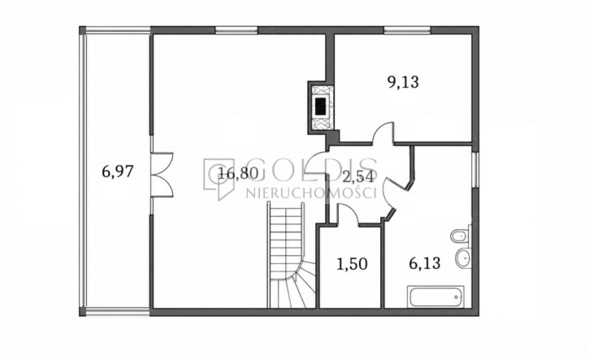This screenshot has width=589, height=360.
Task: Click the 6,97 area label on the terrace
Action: pyautogui.click(x=118, y=172)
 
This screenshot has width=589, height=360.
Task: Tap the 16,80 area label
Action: pyautogui.click(x=239, y=173)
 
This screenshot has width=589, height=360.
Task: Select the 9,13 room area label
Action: pyautogui.click(x=403, y=82)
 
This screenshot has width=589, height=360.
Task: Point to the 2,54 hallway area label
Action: pyautogui.click(x=359, y=177)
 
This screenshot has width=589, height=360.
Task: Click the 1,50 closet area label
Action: pyautogui.click(x=352, y=264)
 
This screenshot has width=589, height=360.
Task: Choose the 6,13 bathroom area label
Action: pyautogui.click(x=424, y=263)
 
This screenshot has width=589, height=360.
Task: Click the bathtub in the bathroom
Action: pyautogui.click(x=436, y=297)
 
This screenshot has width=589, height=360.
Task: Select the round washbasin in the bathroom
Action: pyautogui.click(x=463, y=258)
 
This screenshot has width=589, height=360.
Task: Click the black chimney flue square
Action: pyautogui.click(x=321, y=106)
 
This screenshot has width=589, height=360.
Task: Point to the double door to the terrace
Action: pyautogui.click(x=162, y=175)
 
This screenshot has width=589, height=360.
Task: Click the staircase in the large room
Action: pyautogui.click(x=292, y=255)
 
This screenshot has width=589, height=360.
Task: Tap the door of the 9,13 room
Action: pyautogui.click(x=383, y=133)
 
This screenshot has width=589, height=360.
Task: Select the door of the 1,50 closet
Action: pyautogui.click(x=349, y=215)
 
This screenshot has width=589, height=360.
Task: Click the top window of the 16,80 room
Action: pyautogui.click(x=236, y=30)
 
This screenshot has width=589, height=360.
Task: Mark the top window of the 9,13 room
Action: pyautogui.click(x=407, y=30)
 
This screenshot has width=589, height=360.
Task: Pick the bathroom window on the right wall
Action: pyautogui.click(x=475, y=170)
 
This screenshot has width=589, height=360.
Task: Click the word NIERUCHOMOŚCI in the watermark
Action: pyautogui.click(x=311, y=193)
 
